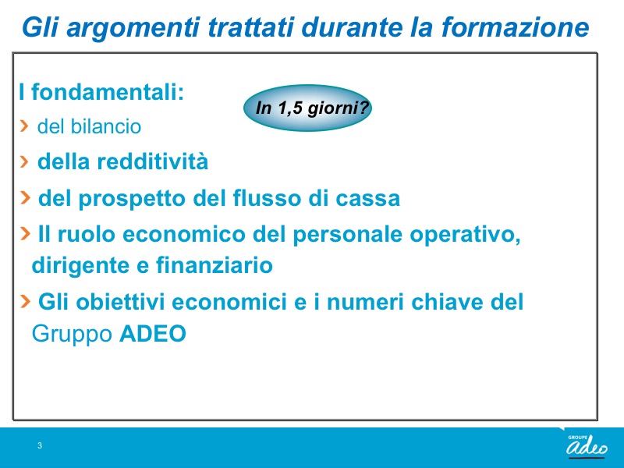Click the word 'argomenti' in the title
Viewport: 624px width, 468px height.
point(132,28)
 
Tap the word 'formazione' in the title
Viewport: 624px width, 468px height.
point(515,27)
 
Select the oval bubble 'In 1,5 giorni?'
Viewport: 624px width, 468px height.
point(307,108)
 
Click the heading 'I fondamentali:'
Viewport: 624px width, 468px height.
point(101,92)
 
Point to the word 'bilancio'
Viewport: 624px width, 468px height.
point(106,126)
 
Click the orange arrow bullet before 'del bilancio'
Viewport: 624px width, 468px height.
point(24,126)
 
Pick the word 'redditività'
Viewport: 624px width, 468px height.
point(152,161)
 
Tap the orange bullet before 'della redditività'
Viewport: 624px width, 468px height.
point(24,161)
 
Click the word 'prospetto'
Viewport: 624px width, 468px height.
point(132,199)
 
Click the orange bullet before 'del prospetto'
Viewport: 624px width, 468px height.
point(25,197)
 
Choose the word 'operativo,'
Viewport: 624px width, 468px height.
point(465,235)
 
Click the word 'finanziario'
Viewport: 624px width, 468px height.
point(214,265)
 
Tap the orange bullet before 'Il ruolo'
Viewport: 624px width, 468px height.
point(25,233)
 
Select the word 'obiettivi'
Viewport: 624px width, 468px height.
point(120,302)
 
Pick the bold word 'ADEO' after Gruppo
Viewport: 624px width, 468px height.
point(153,334)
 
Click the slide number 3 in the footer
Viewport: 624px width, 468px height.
point(40,445)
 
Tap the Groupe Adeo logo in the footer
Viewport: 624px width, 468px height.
point(587,445)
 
